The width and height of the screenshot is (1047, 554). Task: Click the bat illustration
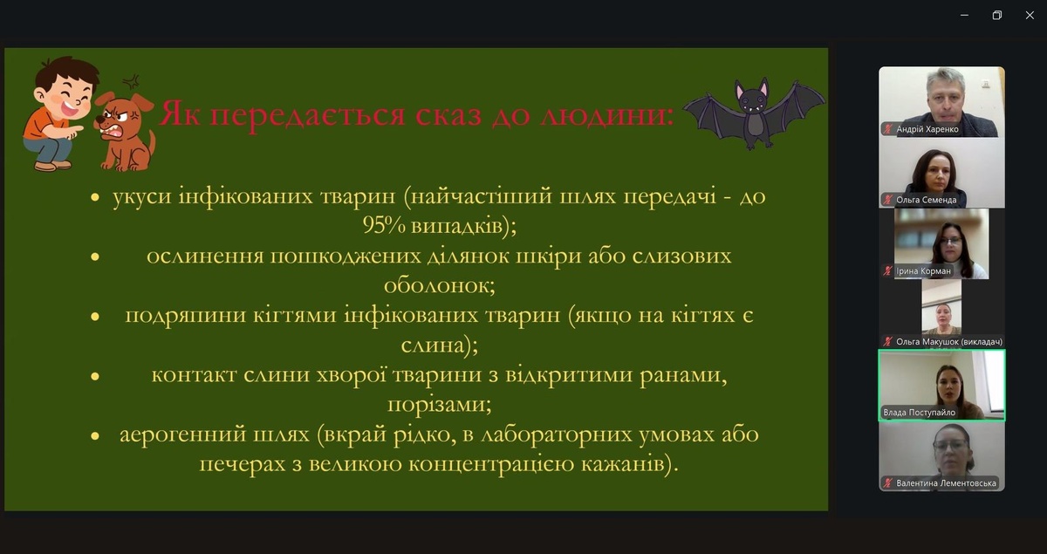click(754, 113)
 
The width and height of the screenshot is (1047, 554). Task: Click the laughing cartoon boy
click(58, 113)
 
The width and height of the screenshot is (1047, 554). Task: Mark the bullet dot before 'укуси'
click(95, 197)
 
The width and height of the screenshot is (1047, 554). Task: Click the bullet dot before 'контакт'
click(95, 376)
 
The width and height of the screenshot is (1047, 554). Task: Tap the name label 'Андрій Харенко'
click(927, 129)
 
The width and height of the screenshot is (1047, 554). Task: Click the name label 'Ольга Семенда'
click(926, 200)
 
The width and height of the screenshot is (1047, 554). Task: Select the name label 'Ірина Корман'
click(923, 271)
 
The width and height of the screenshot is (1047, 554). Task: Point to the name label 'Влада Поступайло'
click(919, 413)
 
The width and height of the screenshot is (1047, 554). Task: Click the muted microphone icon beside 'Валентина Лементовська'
click(887, 483)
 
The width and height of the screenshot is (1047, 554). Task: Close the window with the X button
click(1030, 16)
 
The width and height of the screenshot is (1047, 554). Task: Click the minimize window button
click(964, 16)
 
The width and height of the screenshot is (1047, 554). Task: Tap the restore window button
click(997, 16)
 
